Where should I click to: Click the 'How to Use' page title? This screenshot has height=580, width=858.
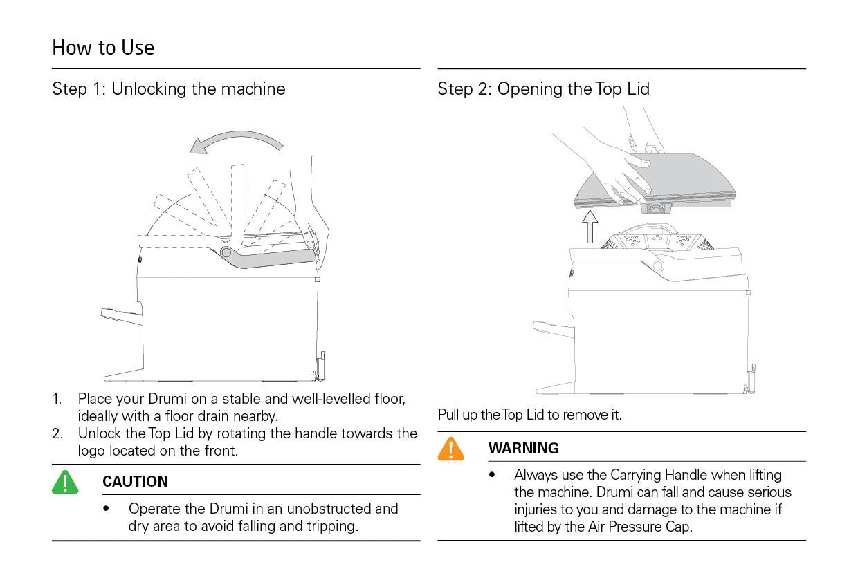click(103, 48)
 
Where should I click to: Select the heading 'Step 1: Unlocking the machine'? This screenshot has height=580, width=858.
click(168, 89)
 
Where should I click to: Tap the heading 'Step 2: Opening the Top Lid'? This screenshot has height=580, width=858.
click(543, 89)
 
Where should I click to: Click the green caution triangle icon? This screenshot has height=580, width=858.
click(65, 482)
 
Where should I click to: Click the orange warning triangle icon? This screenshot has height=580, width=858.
click(450, 449)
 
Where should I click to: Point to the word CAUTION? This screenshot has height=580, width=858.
click(135, 482)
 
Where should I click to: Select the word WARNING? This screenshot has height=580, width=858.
click(523, 448)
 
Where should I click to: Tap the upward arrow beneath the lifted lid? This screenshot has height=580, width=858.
click(590, 226)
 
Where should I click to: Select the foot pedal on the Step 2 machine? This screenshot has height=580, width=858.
click(554, 329)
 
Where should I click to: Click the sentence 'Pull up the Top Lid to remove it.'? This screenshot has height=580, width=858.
click(529, 415)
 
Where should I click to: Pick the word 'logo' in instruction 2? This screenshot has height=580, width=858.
click(93, 451)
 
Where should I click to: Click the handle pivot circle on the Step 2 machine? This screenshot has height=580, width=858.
click(657, 265)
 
